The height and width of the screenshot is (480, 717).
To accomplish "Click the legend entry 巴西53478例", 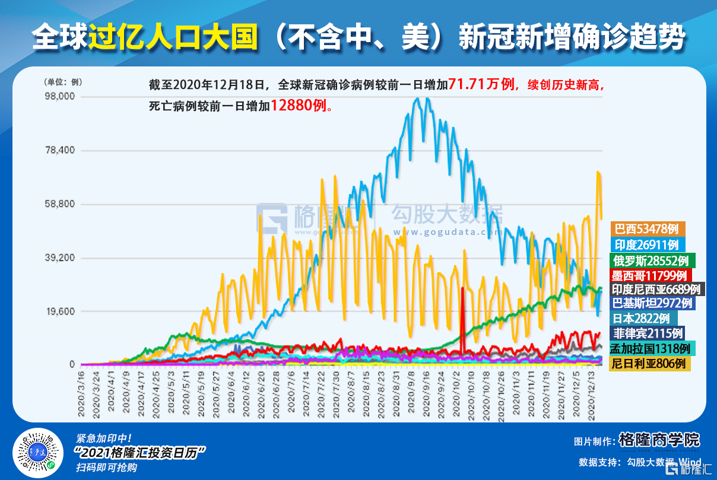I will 648,229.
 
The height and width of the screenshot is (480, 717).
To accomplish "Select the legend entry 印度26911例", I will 648,244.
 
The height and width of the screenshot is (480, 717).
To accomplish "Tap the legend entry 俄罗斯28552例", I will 652,260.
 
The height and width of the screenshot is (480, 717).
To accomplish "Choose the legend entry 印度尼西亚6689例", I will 658,289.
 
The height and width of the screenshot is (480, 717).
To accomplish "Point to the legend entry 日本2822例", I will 642,318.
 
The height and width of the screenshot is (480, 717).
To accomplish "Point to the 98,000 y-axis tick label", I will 61,96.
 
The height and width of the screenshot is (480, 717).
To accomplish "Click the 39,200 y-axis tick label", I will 61,258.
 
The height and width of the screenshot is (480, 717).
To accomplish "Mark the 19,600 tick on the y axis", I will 61,311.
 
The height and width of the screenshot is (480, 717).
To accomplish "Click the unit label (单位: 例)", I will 62,82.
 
